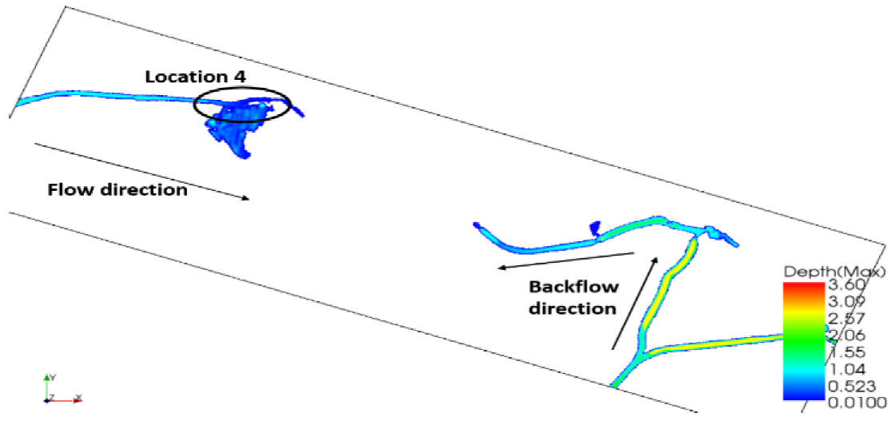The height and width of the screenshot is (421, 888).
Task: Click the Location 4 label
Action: click(195, 77)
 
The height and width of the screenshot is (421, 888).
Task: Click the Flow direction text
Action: click(117, 190)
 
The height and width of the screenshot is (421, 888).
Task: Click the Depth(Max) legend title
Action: click(832, 272)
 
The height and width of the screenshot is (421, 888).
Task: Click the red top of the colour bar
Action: click(802, 286)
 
